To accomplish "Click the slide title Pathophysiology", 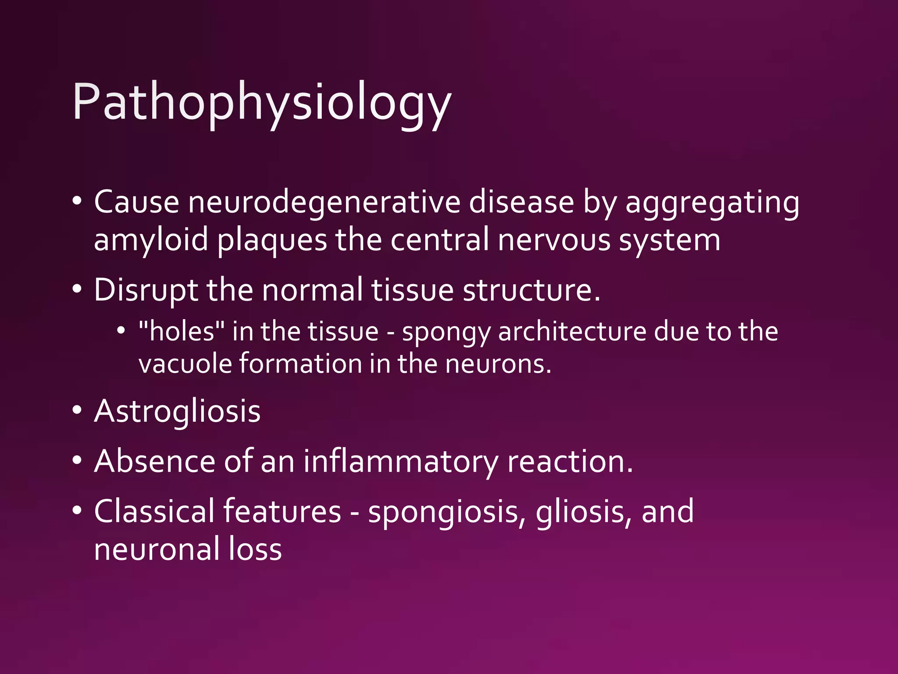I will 261,103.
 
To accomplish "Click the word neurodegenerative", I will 324,203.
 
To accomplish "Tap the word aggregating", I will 712,203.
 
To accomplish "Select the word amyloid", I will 151,240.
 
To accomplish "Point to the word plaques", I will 272,240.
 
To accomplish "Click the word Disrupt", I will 146,290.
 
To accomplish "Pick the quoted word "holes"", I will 182,331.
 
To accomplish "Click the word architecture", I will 572,331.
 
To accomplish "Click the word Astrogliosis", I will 177,412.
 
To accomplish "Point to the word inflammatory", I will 401,462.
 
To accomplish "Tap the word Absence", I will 154,462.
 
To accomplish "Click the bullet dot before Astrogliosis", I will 77,411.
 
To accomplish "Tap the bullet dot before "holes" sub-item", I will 121,330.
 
